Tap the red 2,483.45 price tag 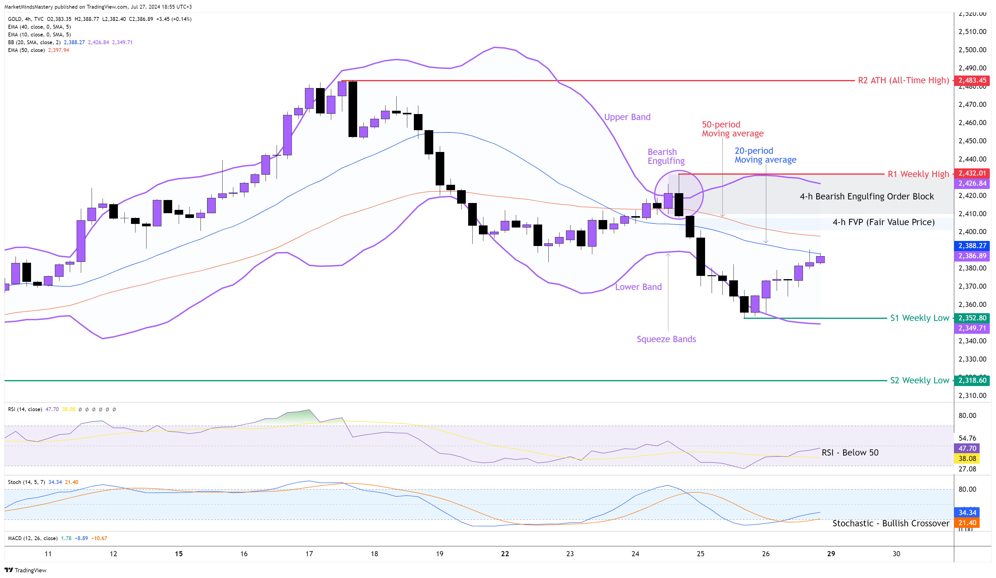pos(972,81)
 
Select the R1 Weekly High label pos(918,174)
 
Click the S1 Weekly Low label pos(919,318)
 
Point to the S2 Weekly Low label pos(919,380)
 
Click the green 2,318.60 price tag pos(972,380)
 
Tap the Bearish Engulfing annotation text pos(666,156)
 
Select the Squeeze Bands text pos(666,339)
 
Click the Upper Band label pos(627,117)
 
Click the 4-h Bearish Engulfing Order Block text pos(867,196)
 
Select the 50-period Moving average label pos(732,129)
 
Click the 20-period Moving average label pos(765,155)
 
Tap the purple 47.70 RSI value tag pos(967,448)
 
